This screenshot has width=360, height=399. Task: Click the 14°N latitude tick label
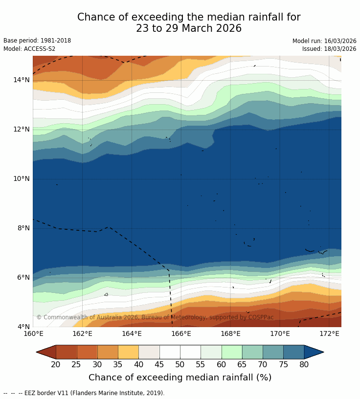click(x=22, y=80)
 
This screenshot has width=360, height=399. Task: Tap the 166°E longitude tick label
click(x=181, y=334)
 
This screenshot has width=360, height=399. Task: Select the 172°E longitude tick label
click(x=329, y=334)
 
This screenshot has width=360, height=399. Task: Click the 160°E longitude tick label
click(x=33, y=334)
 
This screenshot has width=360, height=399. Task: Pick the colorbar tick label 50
click(x=180, y=364)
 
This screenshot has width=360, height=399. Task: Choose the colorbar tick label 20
click(x=56, y=364)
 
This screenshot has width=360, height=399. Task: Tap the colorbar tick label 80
click(x=304, y=364)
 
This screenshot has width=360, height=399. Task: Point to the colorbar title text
click(x=180, y=377)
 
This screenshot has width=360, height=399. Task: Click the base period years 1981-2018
click(x=55, y=41)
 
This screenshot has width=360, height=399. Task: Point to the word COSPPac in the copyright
click(x=261, y=317)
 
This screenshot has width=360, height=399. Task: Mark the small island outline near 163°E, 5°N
click(x=106, y=294)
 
